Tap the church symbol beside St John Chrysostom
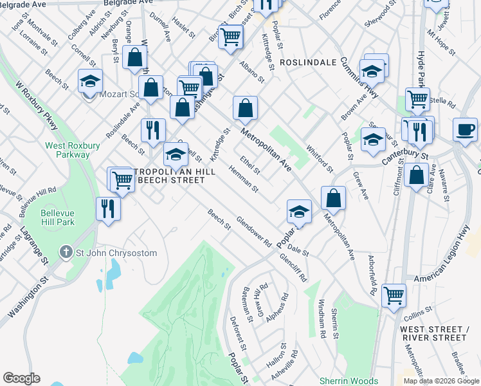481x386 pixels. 66,252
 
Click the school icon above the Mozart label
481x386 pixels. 90,81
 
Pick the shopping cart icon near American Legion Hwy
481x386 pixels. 394,297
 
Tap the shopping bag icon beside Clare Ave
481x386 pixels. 417,176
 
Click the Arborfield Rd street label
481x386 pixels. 370,277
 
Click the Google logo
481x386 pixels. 21,378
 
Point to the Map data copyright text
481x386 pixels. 440,381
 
